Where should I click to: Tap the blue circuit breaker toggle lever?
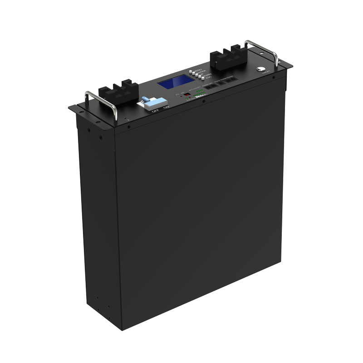146,100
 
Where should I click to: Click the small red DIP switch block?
185,97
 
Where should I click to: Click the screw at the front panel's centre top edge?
203,101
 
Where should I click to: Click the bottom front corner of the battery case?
119,325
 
